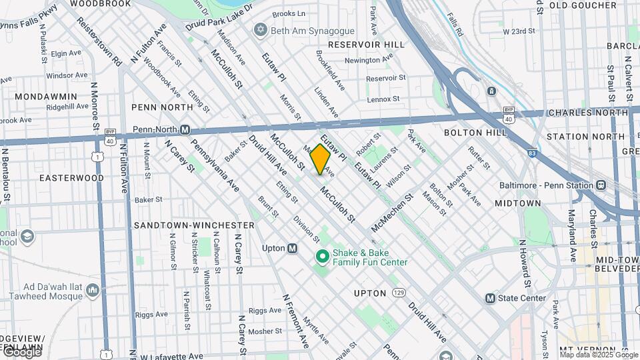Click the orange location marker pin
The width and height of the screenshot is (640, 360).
coord(320,159)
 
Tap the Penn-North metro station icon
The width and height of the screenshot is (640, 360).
coord(186,129)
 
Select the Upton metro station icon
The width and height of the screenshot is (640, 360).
coord(292,248)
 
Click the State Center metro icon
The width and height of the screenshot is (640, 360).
coord(491,298)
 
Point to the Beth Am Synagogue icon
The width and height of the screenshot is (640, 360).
coord(259,30)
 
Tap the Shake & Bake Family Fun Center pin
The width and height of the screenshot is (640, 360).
coord(323,256)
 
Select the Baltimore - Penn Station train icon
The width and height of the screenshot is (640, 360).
coord(601,185)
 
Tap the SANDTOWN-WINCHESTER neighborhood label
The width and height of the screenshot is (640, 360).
coord(194,225)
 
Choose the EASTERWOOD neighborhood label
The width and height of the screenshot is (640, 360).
coord(71,178)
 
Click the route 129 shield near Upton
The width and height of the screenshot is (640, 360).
coord(399,293)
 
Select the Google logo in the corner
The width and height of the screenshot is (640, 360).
coord(21,352)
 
